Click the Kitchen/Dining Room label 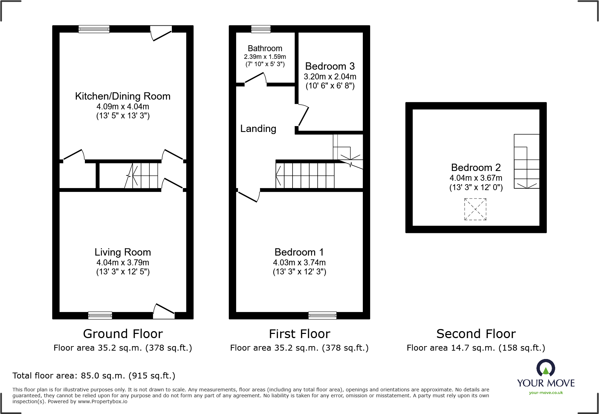click(x=122, y=96)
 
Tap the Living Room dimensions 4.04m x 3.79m click(x=122, y=263)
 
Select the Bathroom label click(x=265, y=48)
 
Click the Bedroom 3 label click(x=330, y=66)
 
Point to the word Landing click(x=258, y=129)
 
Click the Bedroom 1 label click(x=299, y=252)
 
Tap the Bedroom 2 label click(x=476, y=167)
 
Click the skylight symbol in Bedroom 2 click(x=475, y=209)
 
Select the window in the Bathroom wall click(x=261, y=29)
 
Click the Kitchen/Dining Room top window click(x=94, y=29)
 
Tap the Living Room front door click(x=164, y=312)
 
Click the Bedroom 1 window click(x=322, y=315)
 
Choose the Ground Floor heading click(x=123, y=334)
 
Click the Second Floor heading click(x=476, y=334)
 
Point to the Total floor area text click(x=94, y=376)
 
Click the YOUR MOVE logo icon click(x=545, y=368)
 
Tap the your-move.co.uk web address click(x=545, y=393)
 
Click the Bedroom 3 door click(x=303, y=116)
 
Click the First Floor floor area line click(x=299, y=348)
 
